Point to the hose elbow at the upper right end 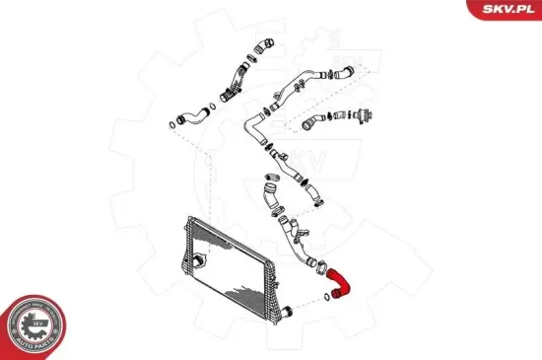tap(342, 71)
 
